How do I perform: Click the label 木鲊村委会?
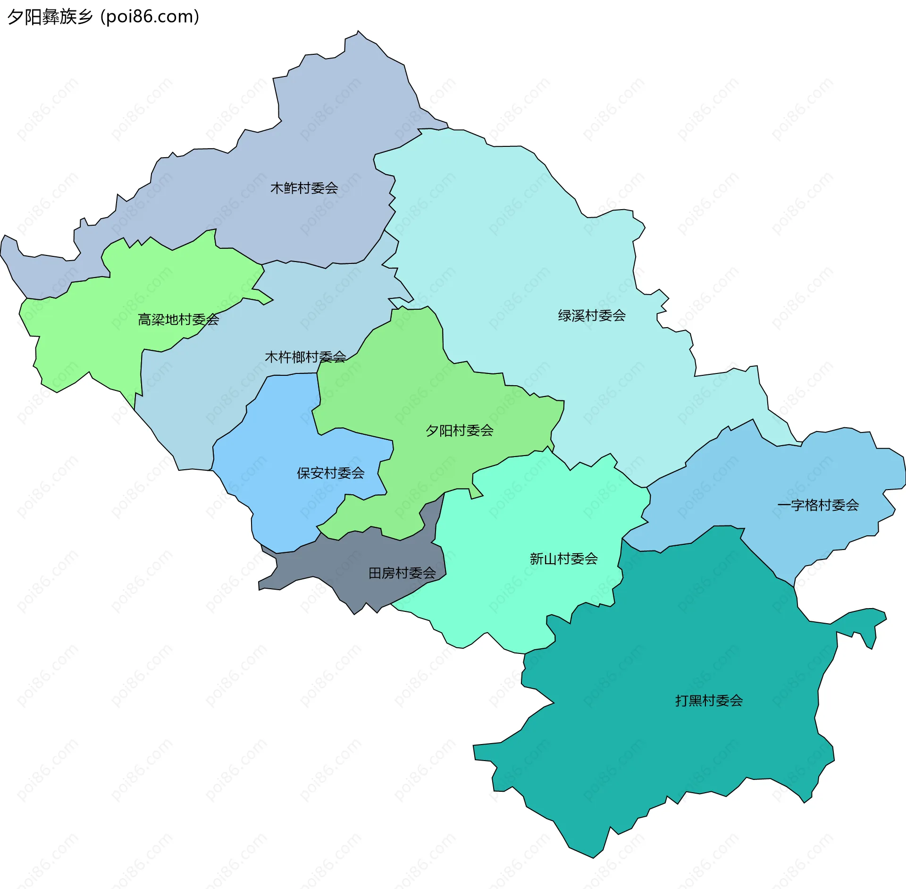[304, 188]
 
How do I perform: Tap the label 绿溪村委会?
[592, 316]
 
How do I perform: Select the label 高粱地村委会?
[178, 320]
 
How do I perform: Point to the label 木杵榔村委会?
[305, 357]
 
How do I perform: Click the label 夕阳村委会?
[459, 431]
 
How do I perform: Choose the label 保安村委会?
[330, 473]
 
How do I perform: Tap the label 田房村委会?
[402, 573]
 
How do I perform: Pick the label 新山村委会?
[563, 559]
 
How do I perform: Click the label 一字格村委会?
[818, 505]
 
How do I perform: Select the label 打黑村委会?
[709, 701]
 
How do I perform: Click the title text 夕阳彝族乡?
[50, 17]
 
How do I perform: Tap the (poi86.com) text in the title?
[150, 17]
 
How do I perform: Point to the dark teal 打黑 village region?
[661, 755]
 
